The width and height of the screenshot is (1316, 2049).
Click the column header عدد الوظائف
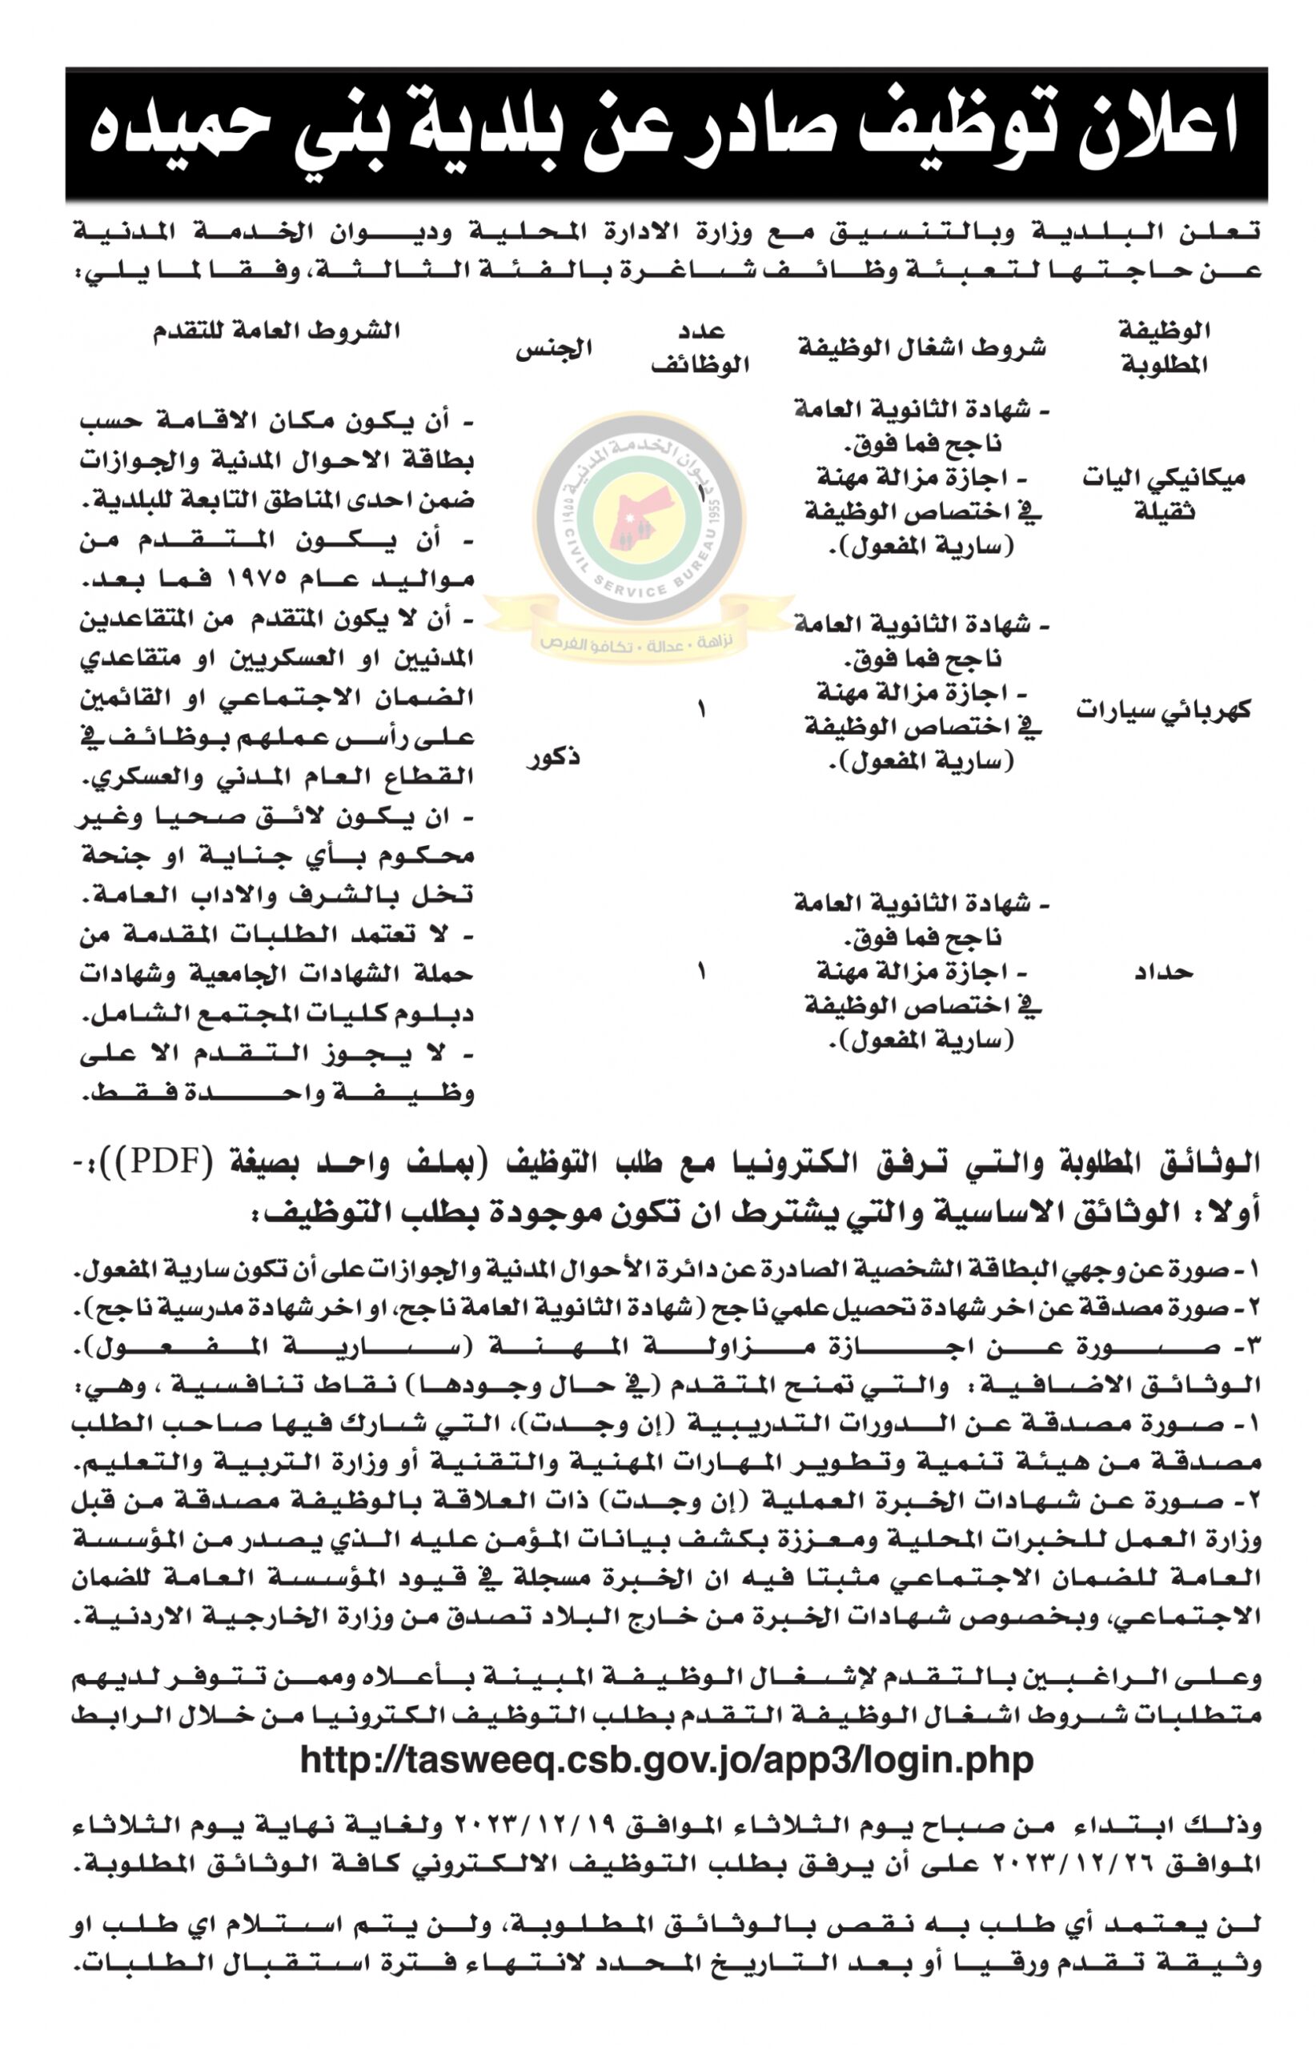[x=700, y=349]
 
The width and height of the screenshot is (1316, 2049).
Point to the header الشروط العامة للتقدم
[x=277, y=331]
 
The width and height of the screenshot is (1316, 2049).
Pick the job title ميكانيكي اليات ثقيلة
[x=1163, y=495]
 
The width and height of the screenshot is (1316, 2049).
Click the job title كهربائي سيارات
[x=1163, y=711]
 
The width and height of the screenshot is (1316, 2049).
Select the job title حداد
[x=1163, y=972]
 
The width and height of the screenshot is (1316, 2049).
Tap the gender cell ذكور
[x=554, y=757]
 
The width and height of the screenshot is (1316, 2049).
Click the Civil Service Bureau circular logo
[x=640, y=519]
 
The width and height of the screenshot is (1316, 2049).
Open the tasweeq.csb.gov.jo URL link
[x=667, y=1760]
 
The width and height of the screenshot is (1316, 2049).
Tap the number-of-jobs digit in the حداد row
[x=701, y=972]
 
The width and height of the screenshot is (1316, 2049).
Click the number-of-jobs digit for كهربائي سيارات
[x=701, y=710]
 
